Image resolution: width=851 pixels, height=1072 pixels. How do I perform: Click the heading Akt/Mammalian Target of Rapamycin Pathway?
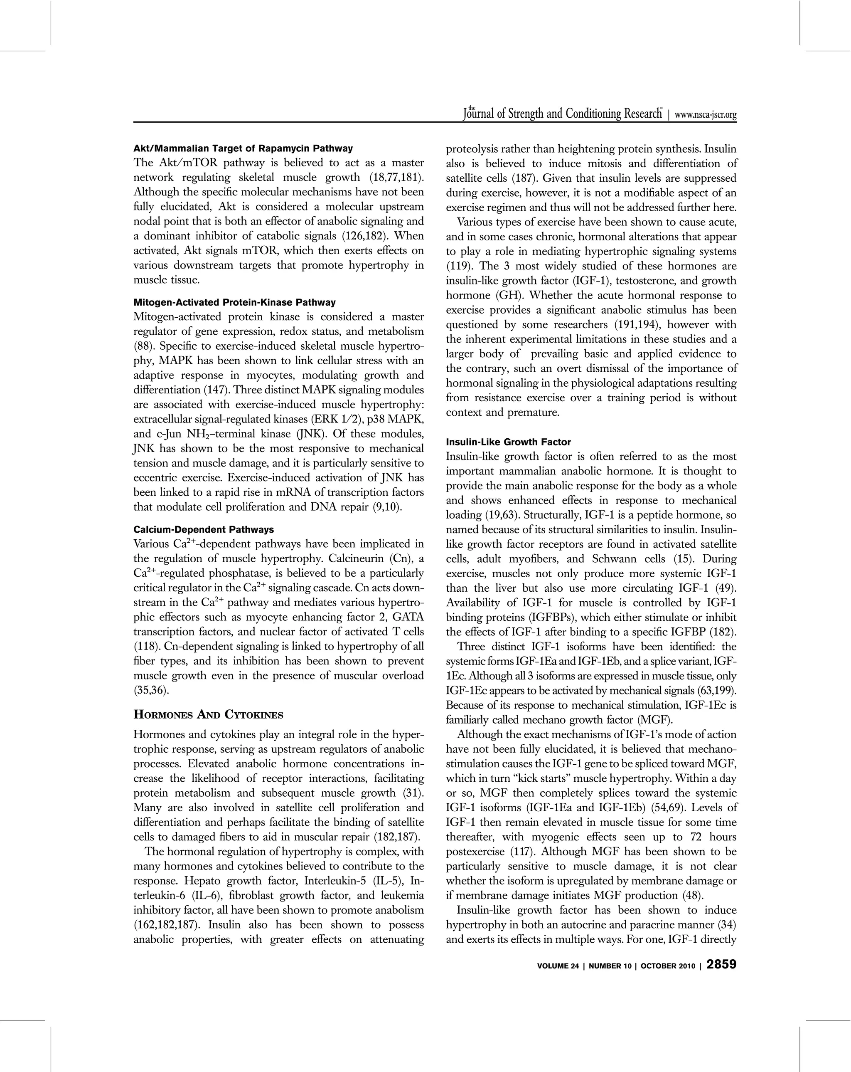tap(243, 148)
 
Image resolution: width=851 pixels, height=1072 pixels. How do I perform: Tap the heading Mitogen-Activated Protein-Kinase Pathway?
tap(234, 302)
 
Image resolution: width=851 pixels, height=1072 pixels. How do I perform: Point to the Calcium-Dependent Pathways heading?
tap(204, 529)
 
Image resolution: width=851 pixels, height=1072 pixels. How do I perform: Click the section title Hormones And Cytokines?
tap(208, 715)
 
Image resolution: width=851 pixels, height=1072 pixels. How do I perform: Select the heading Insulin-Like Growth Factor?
tap(508, 442)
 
